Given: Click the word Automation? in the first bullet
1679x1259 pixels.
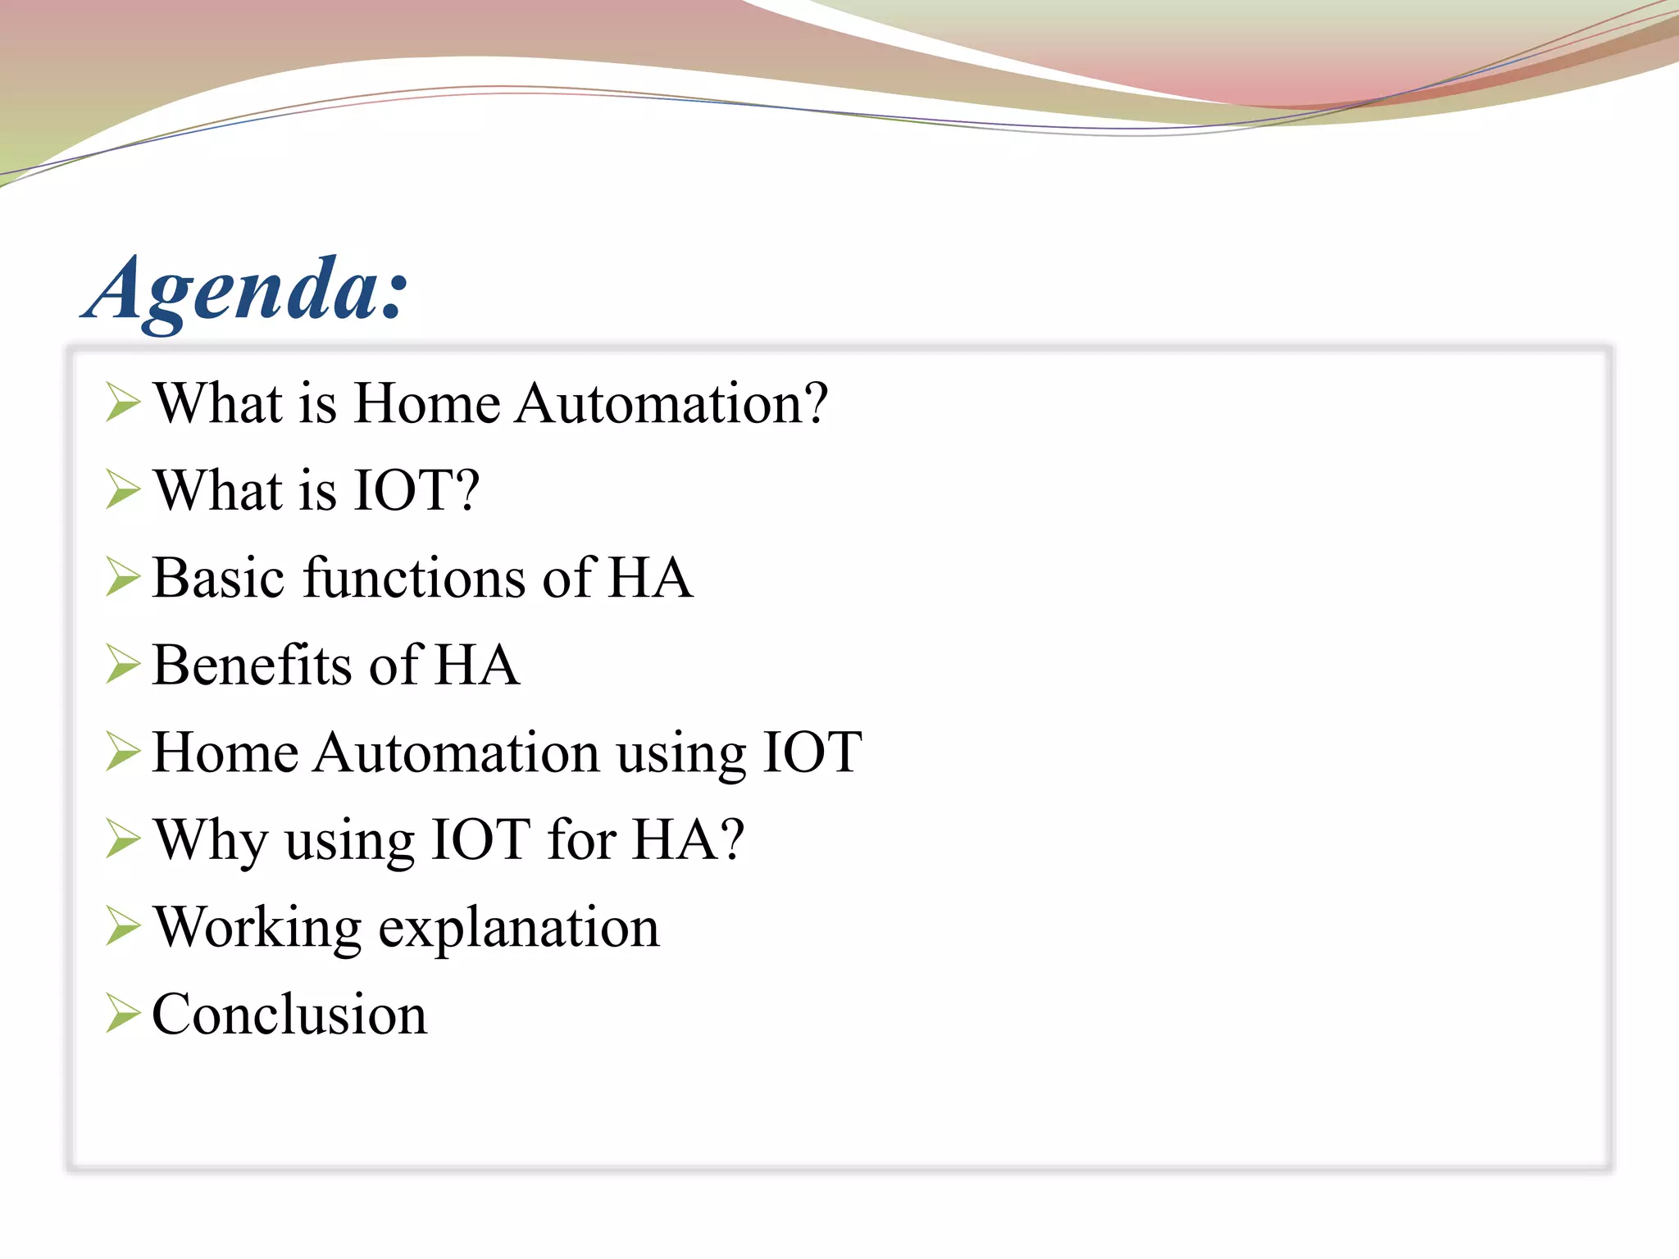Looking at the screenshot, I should pos(672,403).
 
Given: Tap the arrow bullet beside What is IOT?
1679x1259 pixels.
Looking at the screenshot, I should pos(123,490).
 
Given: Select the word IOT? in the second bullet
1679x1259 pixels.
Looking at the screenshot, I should pos(416,490).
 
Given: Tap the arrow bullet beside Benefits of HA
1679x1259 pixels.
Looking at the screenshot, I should pos(123,665).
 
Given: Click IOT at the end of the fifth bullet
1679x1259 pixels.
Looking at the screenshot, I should pos(812,752).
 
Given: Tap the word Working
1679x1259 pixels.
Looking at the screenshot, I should pos(257,928).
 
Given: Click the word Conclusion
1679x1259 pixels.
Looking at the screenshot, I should pos(289,1015).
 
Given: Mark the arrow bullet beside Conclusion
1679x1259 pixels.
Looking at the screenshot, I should pos(123,1015).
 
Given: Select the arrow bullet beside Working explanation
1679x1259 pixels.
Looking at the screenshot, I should pos(123,928).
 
